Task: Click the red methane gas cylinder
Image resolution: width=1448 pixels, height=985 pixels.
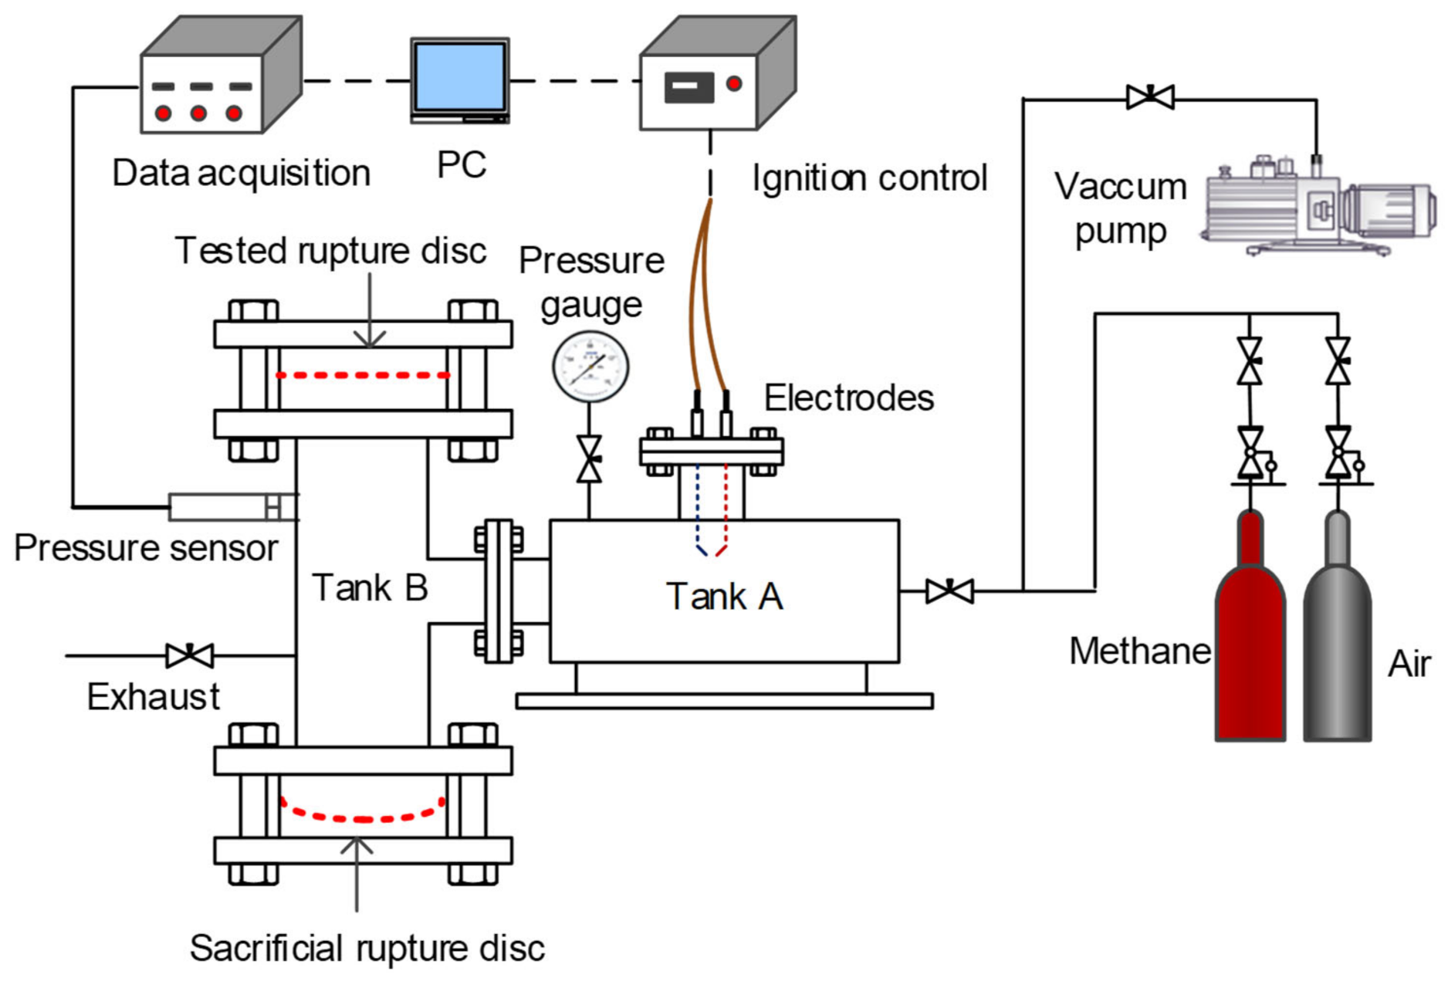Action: coord(1250,656)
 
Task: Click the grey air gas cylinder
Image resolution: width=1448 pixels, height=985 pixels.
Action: coord(1337,656)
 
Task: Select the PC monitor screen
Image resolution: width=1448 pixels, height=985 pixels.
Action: coord(460,76)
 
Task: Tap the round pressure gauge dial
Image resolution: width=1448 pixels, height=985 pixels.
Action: coord(590,367)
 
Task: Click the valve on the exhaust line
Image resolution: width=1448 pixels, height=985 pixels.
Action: coord(190,655)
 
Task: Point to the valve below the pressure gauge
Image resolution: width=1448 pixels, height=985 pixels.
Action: coord(589,459)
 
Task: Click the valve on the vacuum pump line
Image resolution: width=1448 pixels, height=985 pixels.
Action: coord(1150,97)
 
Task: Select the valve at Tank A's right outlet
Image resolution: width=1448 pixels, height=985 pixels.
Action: coord(949,591)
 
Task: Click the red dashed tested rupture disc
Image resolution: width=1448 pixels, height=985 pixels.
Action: coord(363,375)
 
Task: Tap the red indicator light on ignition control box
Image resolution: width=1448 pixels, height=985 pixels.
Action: coord(734,83)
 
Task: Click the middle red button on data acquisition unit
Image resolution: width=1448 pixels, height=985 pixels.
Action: coord(198,113)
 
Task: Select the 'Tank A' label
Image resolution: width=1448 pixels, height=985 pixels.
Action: coord(724,597)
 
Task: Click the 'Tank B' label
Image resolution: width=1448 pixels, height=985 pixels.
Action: coord(370,588)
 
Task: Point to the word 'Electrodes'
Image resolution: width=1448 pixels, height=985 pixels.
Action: coord(848,398)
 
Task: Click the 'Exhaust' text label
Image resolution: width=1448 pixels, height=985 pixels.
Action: coord(153,697)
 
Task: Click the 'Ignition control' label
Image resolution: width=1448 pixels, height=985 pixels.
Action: coord(869,178)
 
